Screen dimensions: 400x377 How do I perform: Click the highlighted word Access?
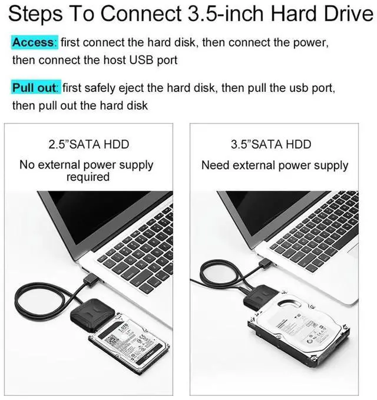click(34, 42)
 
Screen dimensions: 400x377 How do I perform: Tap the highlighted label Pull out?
click(36, 88)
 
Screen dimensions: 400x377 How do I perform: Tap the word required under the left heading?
click(88, 177)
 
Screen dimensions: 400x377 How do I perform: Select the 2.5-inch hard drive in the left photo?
click(130, 341)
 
